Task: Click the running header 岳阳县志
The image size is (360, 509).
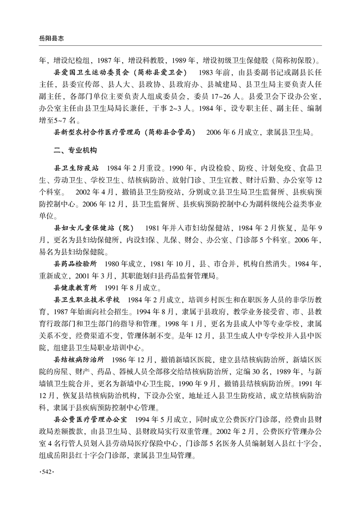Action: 44,39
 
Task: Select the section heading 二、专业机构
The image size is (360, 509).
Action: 75,149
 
